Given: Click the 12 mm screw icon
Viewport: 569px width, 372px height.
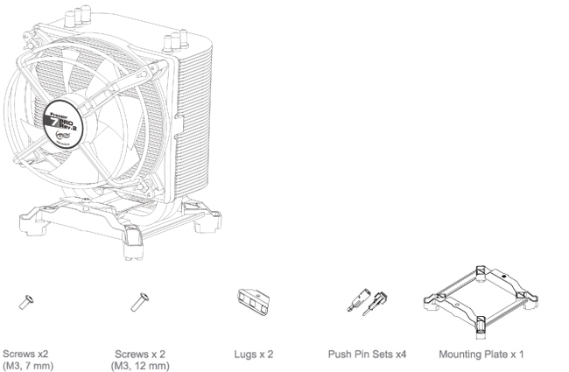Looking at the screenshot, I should pos(137,303).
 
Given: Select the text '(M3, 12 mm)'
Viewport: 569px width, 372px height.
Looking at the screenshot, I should pos(136,365).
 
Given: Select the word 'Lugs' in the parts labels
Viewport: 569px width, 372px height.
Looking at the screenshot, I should pos(243,354).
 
